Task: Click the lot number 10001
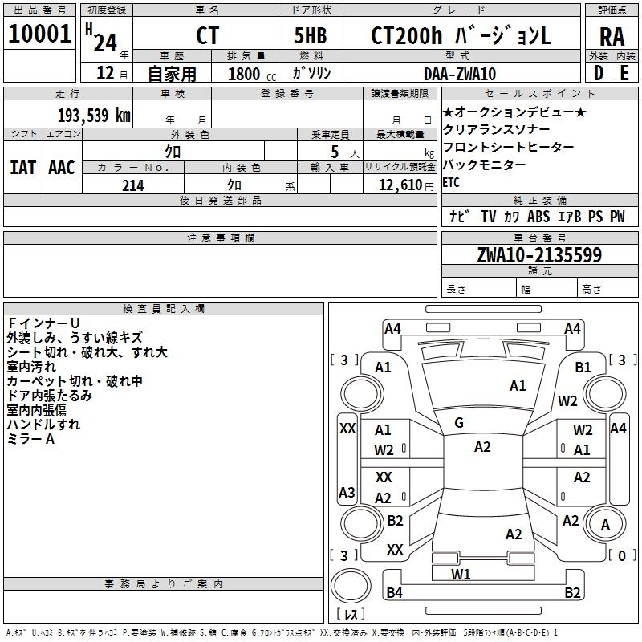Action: point(40,35)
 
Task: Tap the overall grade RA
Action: point(612,36)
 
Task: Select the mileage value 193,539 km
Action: point(94,115)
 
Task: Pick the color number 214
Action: point(132,185)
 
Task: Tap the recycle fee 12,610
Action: point(396,185)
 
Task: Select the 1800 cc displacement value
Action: point(248,74)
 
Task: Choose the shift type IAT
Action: point(23,167)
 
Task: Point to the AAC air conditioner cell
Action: point(62,167)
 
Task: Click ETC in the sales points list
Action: point(452,182)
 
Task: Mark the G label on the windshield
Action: point(458,423)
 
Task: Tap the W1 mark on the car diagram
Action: point(461,574)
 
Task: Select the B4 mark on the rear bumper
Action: point(394,593)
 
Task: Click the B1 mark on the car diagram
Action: point(583,367)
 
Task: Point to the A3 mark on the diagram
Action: point(347,492)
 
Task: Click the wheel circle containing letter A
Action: point(605,525)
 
